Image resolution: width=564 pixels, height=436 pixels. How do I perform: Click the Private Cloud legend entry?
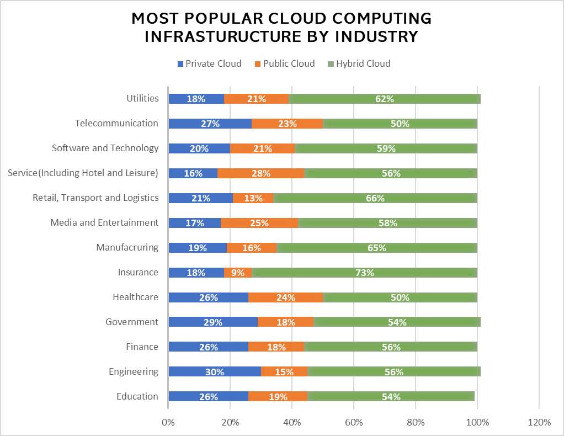(209, 63)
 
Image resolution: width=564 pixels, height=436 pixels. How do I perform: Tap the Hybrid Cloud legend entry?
(359, 63)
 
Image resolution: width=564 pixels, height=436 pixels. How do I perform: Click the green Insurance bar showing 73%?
(364, 273)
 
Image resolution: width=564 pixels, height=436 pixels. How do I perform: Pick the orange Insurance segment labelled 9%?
(238, 273)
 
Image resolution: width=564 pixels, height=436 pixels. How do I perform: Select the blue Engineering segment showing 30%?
(215, 372)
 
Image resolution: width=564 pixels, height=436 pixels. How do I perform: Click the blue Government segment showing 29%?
(213, 322)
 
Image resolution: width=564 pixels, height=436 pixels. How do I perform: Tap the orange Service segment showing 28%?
(260, 173)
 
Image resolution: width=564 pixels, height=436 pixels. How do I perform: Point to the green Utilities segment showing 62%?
(385, 99)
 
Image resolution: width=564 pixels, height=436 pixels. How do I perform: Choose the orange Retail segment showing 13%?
(253, 198)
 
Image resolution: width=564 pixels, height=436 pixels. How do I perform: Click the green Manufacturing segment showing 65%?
(376, 248)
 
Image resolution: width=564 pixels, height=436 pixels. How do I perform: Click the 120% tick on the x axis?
(539, 423)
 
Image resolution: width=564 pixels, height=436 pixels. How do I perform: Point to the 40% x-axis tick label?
(292, 423)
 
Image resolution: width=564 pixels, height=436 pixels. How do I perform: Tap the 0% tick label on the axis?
(168, 423)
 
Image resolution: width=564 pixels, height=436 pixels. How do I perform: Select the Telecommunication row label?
(116, 123)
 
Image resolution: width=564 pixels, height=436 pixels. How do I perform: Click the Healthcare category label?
(135, 297)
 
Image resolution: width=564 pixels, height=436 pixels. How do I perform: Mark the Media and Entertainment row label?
(104, 222)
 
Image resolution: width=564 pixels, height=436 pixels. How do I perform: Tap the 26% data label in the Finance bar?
(209, 347)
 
